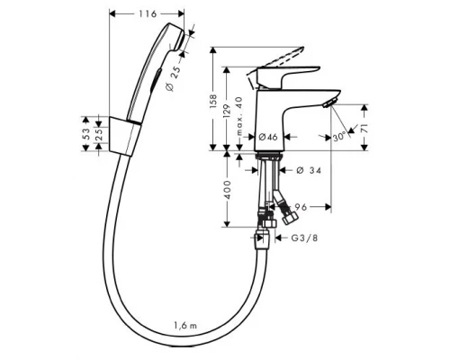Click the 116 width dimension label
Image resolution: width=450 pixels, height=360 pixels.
(148, 14)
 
